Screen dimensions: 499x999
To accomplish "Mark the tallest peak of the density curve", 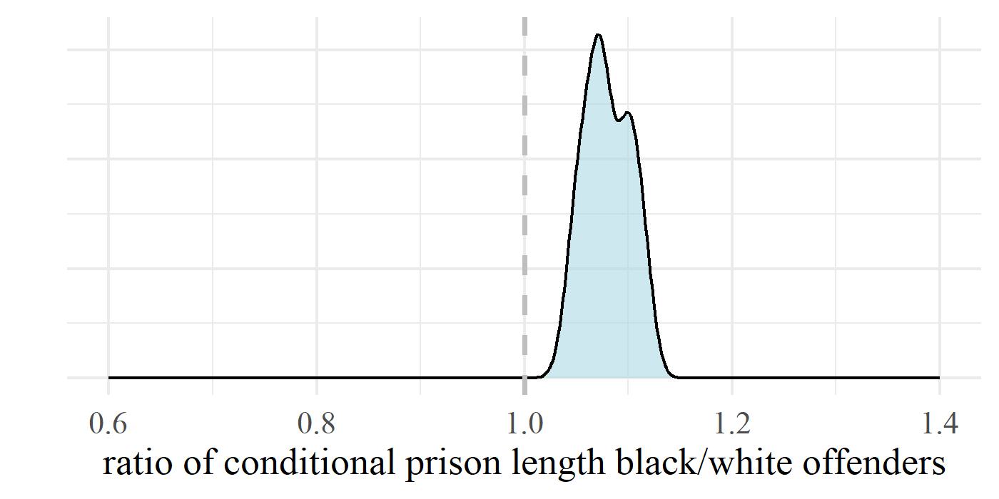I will point(598,35).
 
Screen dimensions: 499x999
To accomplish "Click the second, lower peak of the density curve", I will point(627,113).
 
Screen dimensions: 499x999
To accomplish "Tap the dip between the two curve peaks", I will point(618,120).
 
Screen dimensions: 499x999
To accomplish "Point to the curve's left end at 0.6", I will point(109,377).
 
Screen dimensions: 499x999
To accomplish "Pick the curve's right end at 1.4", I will point(939,377).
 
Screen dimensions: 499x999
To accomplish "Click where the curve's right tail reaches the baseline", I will point(675,376).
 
